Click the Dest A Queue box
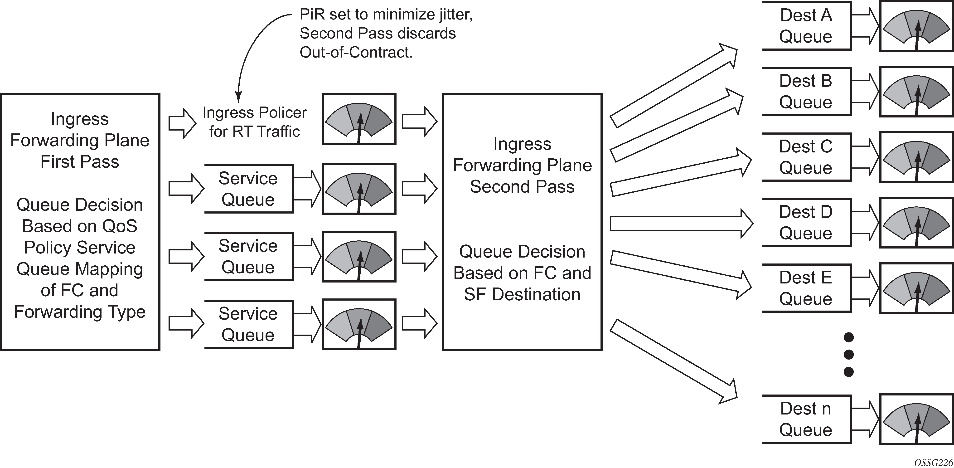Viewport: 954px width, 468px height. [x=806, y=26]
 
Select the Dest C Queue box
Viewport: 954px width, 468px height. [x=806, y=157]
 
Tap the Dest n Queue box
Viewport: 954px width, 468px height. [x=806, y=419]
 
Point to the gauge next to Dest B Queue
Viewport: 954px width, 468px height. [x=916, y=92]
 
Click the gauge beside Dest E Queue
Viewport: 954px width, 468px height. [x=916, y=288]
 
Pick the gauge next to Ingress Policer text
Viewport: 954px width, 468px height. [x=359, y=119]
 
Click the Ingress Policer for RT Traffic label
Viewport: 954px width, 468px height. [x=255, y=122]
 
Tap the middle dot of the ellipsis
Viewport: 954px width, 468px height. [x=848, y=355]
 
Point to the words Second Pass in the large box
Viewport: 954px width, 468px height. [x=522, y=187]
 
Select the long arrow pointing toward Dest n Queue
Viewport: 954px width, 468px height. [x=673, y=361]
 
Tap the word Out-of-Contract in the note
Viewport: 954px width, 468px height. [x=356, y=53]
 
